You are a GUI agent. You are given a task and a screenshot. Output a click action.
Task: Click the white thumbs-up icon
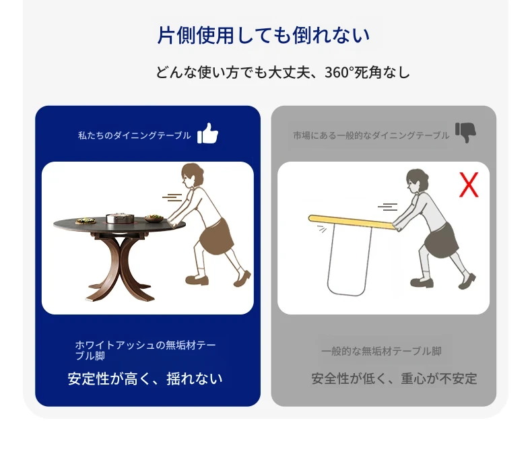coord(207,133)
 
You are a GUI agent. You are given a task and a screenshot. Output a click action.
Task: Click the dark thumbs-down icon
coord(465,132)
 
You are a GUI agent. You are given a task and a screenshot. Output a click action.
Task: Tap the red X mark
coord(469,185)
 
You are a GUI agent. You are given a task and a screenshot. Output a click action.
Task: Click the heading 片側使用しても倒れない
coord(263,35)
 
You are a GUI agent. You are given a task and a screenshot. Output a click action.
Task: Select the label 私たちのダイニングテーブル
coord(135,135)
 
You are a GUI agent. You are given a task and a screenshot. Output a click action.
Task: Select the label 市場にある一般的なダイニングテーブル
coord(371,135)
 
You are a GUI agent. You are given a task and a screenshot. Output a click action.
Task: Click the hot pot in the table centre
coord(120,218)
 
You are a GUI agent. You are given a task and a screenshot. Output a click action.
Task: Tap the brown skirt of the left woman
coord(216,236)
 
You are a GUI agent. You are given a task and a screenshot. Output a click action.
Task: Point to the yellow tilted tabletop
coord(351,222)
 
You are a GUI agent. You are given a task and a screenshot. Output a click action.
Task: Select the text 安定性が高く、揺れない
coord(145,379)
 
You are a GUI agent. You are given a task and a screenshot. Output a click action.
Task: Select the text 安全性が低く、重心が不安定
coord(394,379)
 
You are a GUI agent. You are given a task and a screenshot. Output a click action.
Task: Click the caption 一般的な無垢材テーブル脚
coord(381,351)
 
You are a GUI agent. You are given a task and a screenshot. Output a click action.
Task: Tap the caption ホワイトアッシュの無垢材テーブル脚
coord(145,350)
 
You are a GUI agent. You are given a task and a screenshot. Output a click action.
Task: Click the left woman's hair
coord(193,174)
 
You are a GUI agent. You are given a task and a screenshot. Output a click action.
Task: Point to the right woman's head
coord(418,180)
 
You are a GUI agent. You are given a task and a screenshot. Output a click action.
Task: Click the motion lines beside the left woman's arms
coord(172,197)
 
